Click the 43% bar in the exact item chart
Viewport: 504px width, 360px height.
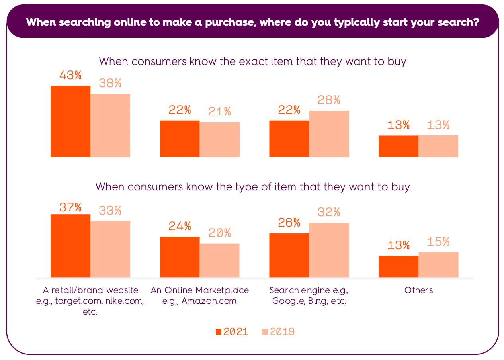point(70,121)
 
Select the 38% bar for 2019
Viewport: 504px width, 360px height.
point(110,125)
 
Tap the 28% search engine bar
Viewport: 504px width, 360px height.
point(329,134)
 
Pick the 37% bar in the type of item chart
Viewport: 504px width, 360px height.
point(70,246)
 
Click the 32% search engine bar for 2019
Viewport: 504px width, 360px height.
point(329,250)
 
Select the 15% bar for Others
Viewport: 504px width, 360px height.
point(438,264)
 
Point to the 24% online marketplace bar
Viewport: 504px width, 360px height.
point(180,257)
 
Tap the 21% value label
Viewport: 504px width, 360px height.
point(219,112)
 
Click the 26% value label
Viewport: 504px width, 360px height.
point(289,223)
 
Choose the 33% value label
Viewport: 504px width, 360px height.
point(110,211)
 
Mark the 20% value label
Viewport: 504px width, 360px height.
point(219,233)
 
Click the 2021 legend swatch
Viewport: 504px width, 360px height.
point(218,332)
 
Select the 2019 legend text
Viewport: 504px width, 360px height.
point(282,332)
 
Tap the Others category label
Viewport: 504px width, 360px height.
point(418,290)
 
